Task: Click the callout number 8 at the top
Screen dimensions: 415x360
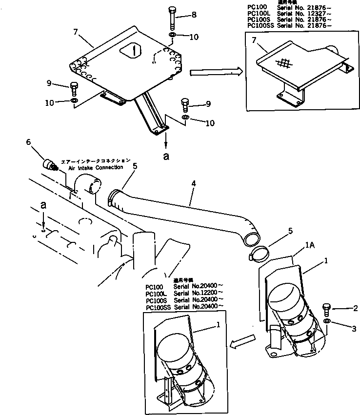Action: coord(194,15)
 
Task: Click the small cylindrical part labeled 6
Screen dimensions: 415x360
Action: coord(49,165)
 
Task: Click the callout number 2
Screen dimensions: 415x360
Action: coord(356,308)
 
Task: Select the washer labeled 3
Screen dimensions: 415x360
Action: coord(327,322)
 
